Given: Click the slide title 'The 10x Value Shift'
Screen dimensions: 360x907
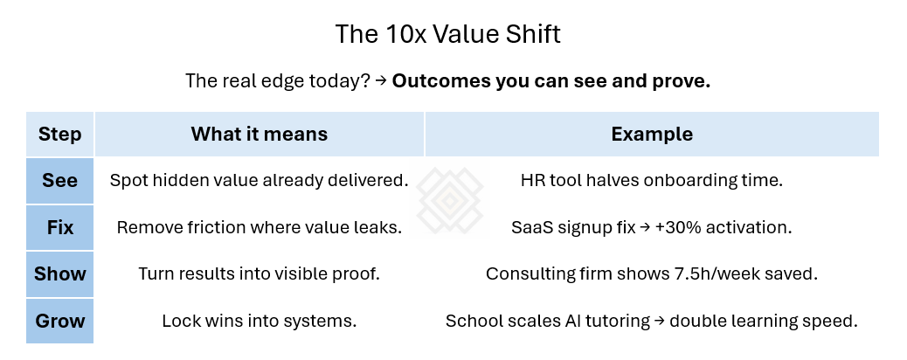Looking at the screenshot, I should (448, 35).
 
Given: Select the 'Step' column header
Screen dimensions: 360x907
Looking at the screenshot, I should (60, 135).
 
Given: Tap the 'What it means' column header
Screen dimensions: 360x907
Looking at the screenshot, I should (260, 135).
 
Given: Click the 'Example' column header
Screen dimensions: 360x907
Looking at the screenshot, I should (652, 135).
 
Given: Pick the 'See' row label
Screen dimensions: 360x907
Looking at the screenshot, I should (60, 181).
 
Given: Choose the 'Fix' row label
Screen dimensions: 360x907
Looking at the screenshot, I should (60, 227).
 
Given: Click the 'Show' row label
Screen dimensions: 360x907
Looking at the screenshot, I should (60, 273).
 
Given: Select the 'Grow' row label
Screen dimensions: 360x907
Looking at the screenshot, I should (60, 320).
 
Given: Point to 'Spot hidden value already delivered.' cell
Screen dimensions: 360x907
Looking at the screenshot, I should (260, 181).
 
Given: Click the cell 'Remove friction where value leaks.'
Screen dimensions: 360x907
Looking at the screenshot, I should (260, 227).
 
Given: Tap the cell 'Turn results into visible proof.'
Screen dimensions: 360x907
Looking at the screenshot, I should (260, 273).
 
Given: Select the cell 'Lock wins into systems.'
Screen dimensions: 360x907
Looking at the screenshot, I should (260, 320).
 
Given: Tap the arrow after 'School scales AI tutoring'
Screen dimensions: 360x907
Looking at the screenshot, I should (658, 321).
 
